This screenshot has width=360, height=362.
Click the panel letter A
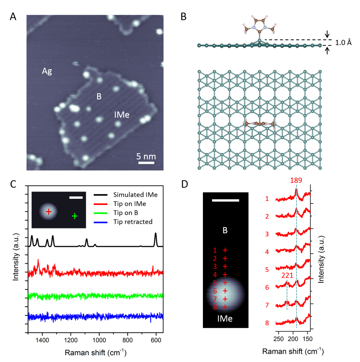(13, 17)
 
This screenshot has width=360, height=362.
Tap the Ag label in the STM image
(47, 71)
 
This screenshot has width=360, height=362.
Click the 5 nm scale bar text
(146, 156)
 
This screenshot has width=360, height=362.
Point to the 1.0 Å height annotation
(343, 43)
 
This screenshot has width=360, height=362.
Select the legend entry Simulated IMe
(135, 195)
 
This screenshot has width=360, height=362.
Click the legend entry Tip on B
(125, 213)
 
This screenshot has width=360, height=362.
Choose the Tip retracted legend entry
(133, 222)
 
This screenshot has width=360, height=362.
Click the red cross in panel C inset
(49, 212)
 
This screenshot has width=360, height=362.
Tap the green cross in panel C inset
(74, 216)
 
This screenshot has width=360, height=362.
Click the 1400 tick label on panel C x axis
(42, 340)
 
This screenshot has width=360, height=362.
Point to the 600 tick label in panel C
(156, 340)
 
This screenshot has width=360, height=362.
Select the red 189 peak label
(296, 180)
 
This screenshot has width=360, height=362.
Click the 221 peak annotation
(287, 276)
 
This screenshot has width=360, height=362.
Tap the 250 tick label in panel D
(278, 339)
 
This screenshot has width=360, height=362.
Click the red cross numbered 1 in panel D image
(225, 250)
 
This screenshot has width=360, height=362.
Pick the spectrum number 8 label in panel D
(267, 323)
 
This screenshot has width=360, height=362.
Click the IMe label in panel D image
(225, 318)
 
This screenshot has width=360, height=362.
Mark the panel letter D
(185, 184)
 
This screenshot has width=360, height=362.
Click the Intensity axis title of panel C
(16, 257)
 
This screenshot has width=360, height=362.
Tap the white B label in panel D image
(225, 230)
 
